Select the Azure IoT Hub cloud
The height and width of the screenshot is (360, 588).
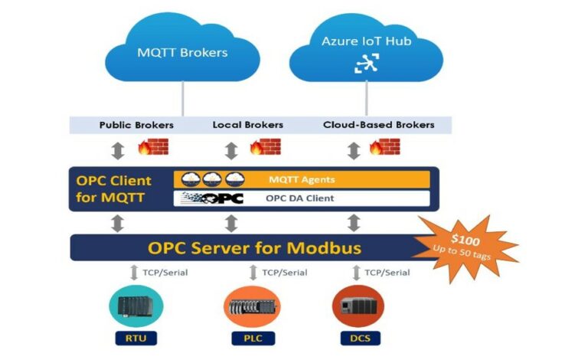365,51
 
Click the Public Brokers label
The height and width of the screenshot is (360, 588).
136,125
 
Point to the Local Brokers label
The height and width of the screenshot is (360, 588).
247,125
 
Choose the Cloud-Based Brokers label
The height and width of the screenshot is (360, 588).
378,125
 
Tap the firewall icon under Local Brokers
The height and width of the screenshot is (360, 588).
266,147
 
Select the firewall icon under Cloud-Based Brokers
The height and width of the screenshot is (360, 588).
384,147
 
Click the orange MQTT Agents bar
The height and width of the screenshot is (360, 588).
302,180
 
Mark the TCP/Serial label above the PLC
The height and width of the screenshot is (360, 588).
284,273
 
